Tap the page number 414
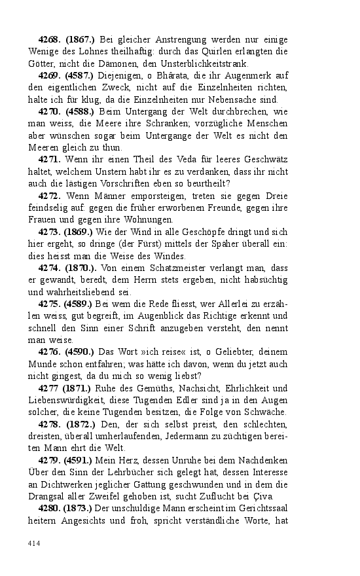tap(34, 542)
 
